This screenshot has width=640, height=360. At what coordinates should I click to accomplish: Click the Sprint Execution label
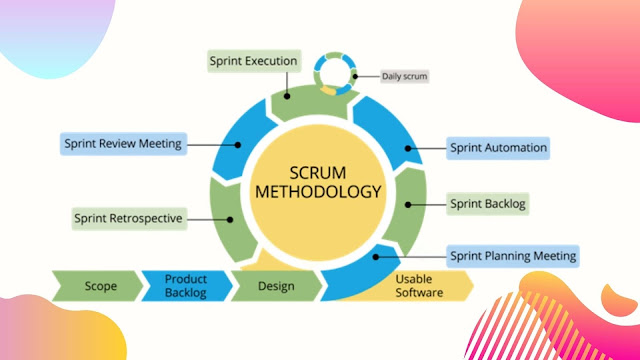pos(254,61)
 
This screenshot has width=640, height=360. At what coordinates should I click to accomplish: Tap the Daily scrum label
pos(404,76)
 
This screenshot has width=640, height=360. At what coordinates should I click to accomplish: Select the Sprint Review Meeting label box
pos(123,144)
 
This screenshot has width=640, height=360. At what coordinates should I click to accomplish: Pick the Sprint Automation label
pos(498,148)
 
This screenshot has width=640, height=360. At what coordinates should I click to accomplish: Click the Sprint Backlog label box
pos(488,204)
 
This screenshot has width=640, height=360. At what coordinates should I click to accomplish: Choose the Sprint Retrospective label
pos(129,219)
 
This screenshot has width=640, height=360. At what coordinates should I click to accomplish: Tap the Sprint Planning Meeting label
pos(513,256)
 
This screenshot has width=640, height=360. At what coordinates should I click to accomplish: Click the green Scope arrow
pos(98,286)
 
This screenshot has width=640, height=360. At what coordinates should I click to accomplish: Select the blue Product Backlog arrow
pos(187,286)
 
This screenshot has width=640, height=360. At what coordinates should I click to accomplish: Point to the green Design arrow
pos(277,286)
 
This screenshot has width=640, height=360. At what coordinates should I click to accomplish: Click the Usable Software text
pos(419,286)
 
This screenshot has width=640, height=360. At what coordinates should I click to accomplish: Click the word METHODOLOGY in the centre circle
pos(318,192)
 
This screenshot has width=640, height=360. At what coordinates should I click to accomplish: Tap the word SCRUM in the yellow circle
pos(318,173)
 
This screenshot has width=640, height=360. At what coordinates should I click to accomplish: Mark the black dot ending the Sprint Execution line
pos(287,96)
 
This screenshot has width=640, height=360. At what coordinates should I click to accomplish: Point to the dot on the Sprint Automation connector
pos(408,149)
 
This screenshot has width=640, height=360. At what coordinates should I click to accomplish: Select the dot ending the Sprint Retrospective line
pos(230,220)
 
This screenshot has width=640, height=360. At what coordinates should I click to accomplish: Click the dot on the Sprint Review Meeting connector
pos(238,144)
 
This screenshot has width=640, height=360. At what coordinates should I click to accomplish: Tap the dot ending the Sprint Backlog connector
pos(408,204)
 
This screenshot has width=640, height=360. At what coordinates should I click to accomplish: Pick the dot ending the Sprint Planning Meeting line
pos(376,257)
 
